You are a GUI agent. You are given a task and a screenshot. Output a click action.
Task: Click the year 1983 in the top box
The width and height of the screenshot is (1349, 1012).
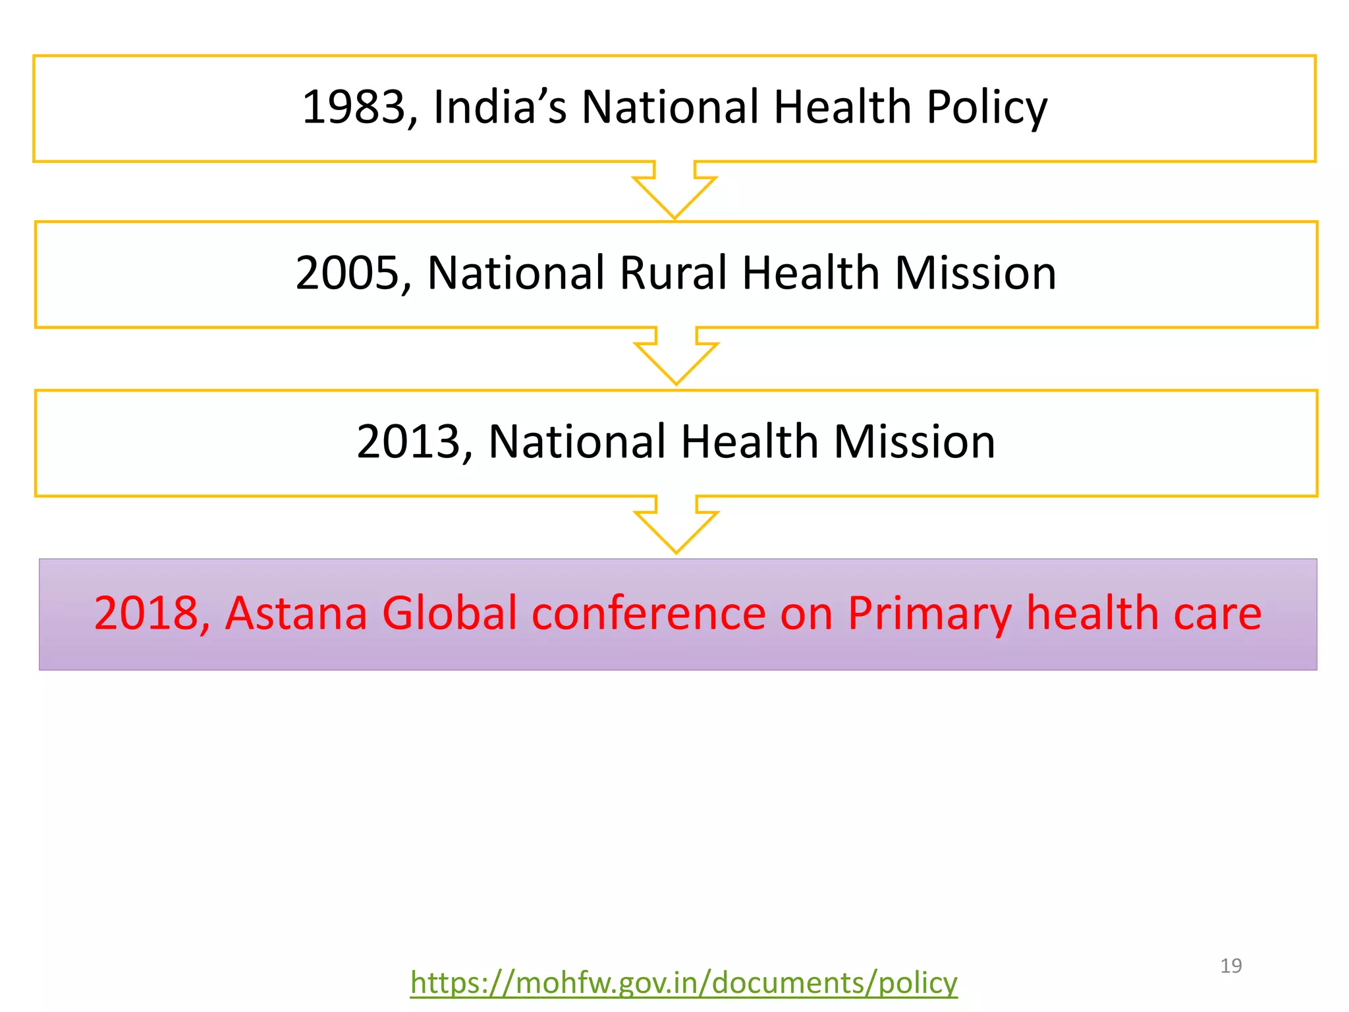[x=354, y=107]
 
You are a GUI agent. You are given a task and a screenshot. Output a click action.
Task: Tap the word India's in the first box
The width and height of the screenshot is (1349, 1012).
[x=499, y=107]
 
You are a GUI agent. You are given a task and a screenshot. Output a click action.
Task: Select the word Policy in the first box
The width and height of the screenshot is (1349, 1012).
[x=986, y=107]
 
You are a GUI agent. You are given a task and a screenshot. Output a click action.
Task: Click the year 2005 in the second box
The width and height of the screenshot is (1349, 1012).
[x=348, y=273]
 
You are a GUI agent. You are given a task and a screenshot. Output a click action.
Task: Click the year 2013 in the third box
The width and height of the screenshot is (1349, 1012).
[x=409, y=442]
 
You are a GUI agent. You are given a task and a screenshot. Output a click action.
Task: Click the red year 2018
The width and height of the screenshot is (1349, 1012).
[x=147, y=614]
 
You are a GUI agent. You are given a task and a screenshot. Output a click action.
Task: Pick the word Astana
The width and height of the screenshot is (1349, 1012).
[x=296, y=614]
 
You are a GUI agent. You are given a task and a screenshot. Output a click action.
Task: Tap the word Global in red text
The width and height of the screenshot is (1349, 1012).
[x=449, y=614]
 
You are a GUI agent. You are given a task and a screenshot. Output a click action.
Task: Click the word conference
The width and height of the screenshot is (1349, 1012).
[x=648, y=614]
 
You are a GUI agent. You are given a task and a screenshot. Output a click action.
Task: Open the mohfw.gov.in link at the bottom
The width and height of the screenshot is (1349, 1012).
[x=683, y=983]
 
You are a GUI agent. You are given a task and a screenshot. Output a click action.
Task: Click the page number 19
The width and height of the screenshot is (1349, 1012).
[x=1230, y=966]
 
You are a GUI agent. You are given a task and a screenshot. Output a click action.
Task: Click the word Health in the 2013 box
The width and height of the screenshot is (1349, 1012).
[x=749, y=442]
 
